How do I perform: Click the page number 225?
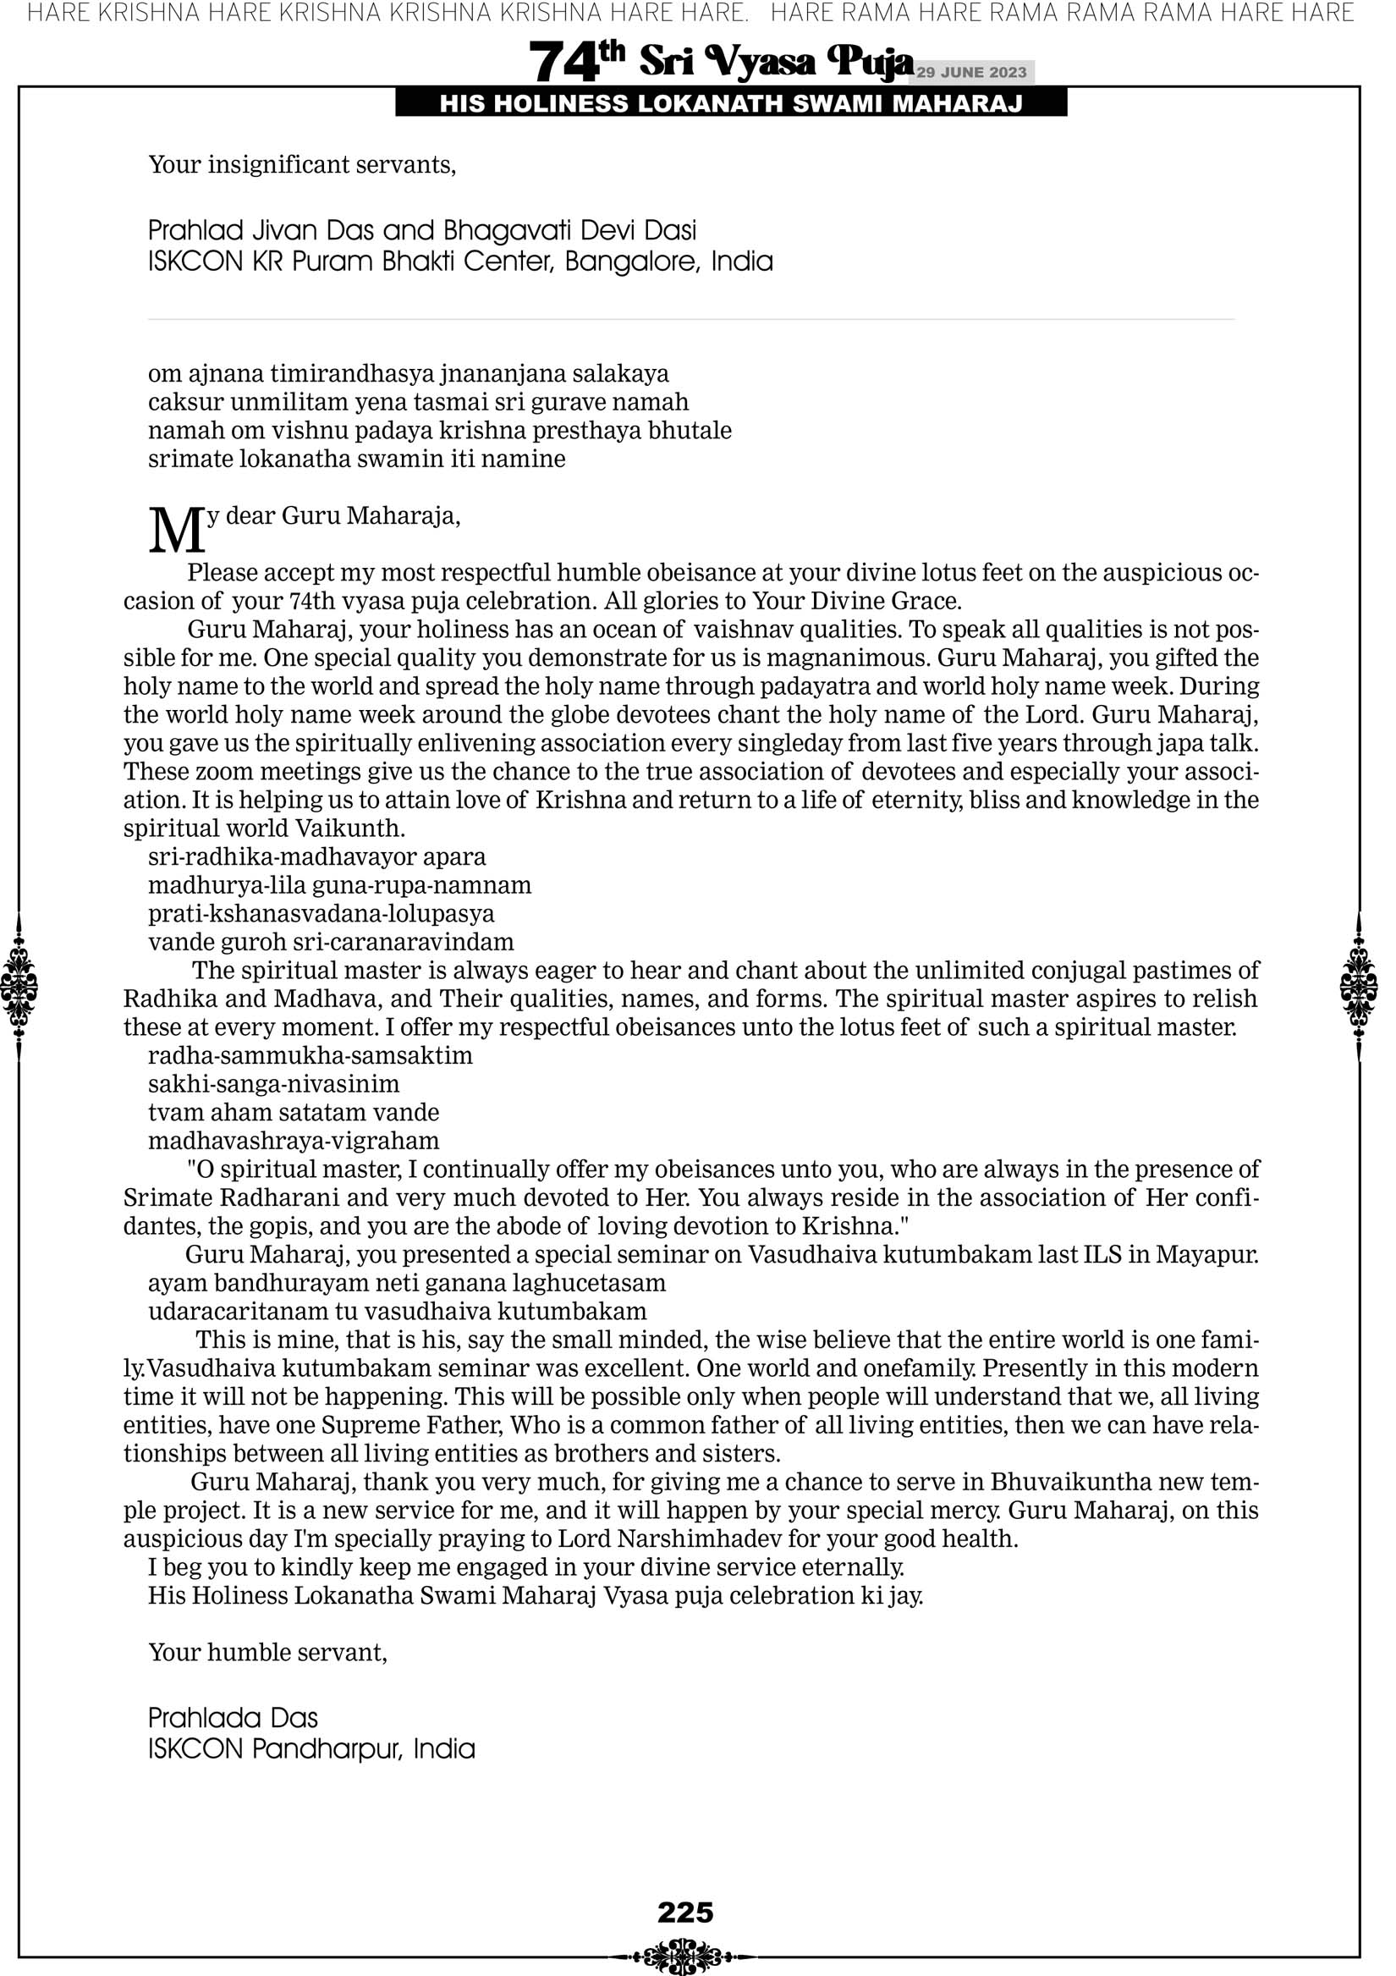(685, 1913)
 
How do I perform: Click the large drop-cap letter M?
(177, 530)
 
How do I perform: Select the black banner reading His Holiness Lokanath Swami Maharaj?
(731, 104)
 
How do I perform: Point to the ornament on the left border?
(19, 986)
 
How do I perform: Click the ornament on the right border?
(1359, 986)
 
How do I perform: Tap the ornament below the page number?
(684, 1957)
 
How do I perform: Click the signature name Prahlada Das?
(234, 1718)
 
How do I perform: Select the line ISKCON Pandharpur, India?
(311, 1749)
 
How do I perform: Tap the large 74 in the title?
(564, 63)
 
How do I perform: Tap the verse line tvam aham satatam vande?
(294, 1113)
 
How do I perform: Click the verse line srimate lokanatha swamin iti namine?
(356, 459)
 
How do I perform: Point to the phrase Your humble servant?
(267, 1653)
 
